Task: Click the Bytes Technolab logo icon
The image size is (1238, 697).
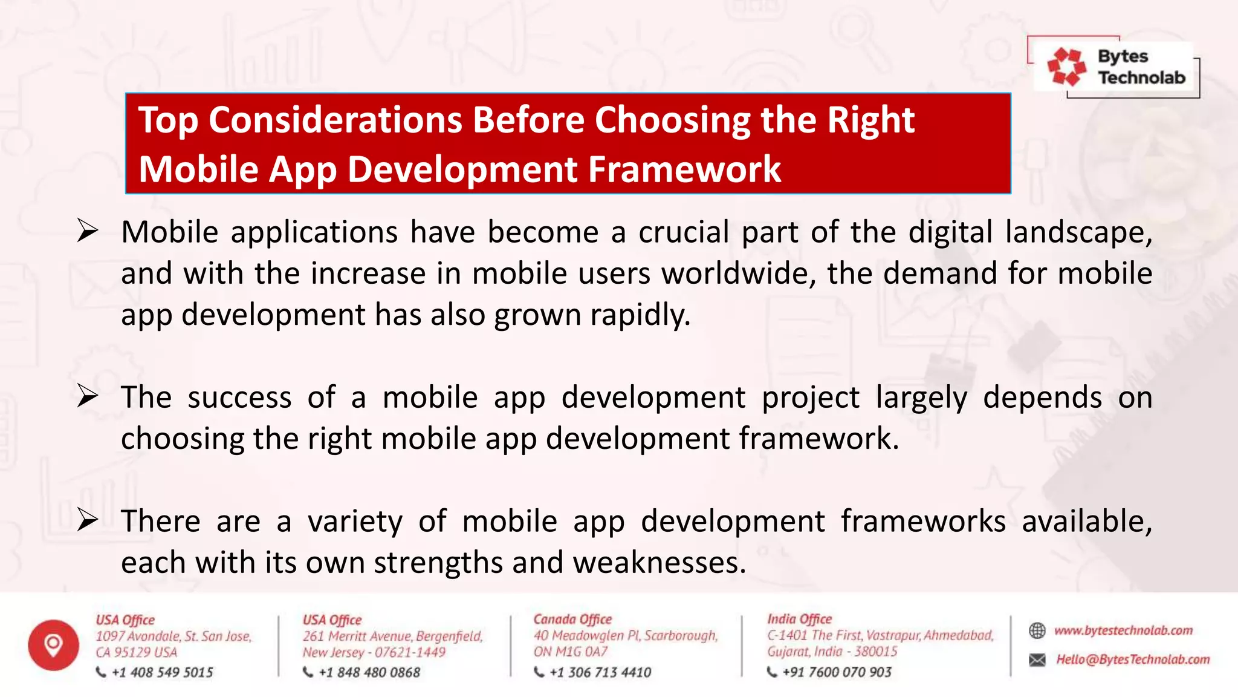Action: (1066, 67)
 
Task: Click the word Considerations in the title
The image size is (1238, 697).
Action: (336, 120)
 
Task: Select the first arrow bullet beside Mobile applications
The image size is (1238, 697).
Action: (88, 231)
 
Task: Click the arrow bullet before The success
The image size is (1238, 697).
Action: (88, 396)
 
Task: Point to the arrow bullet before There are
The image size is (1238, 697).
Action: (88, 520)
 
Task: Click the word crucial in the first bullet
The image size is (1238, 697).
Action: (684, 232)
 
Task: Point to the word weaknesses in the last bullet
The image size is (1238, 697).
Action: (659, 563)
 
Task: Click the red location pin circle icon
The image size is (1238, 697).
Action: (53, 645)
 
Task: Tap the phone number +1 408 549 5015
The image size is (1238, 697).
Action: (162, 672)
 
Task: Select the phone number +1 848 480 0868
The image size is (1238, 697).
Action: (369, 672)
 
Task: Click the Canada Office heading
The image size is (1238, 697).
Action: (572, 619)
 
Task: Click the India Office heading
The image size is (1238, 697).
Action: (799, 619)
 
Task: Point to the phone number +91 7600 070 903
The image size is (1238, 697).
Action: (837, 672)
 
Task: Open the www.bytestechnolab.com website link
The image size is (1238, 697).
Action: (1123, 630)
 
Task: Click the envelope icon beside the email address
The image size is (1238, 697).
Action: (1037, 659)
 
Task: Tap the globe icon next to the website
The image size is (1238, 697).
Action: (1037, 630)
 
